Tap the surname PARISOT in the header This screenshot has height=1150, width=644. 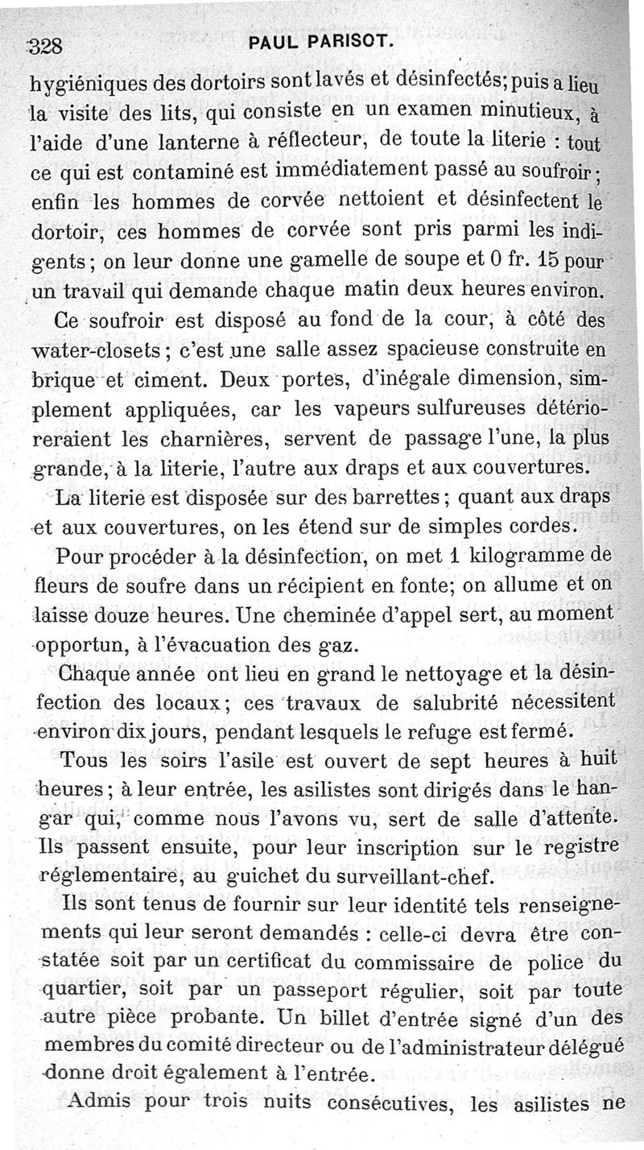click(350, 43)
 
